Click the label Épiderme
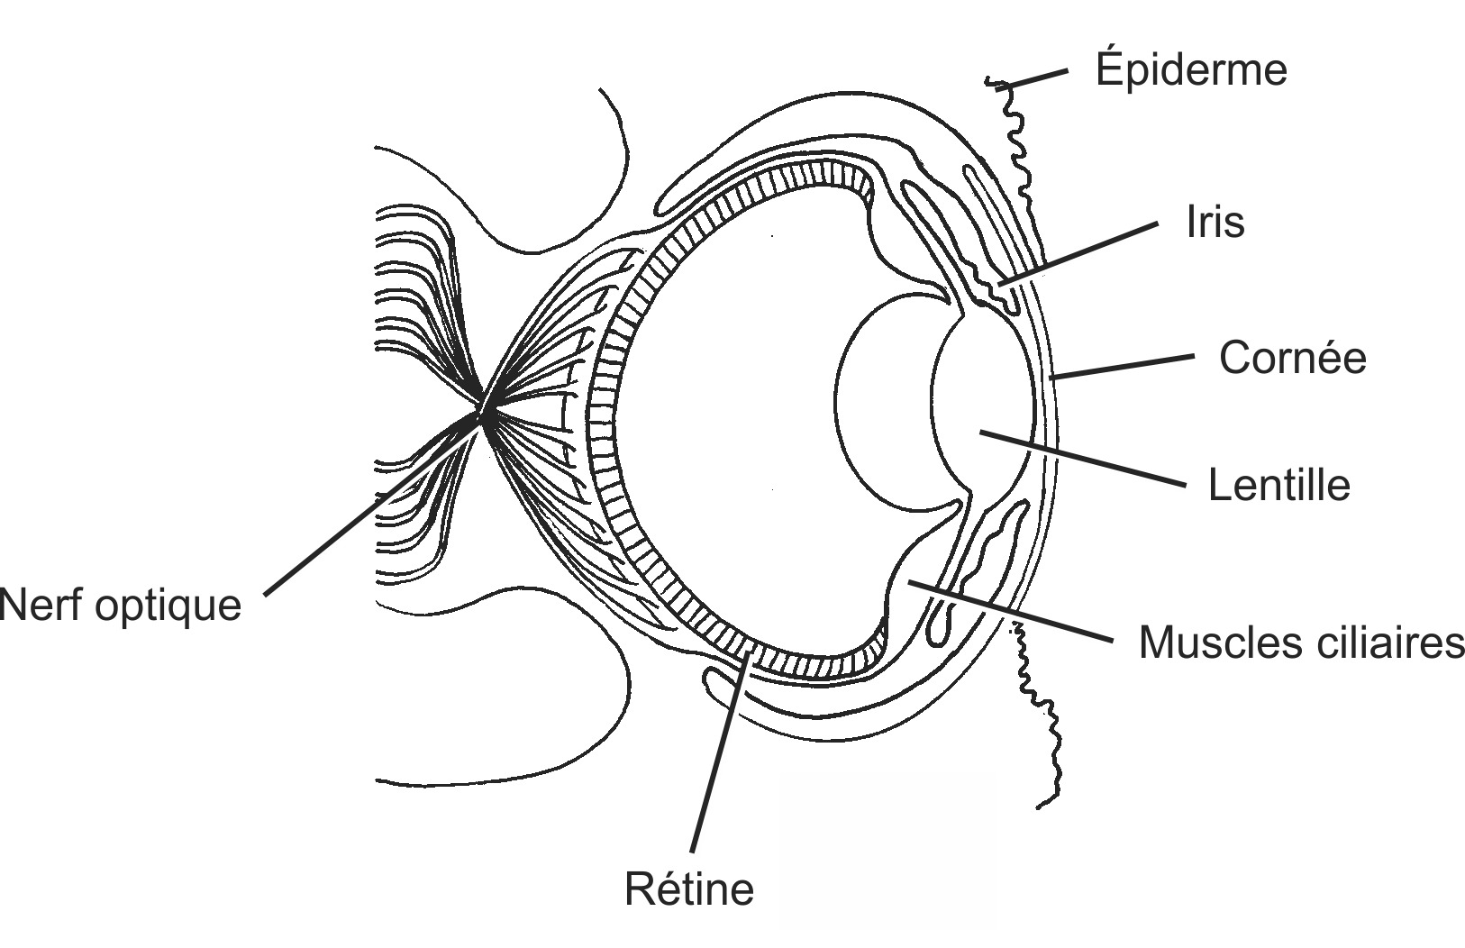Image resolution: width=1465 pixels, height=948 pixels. tap(1191, 70)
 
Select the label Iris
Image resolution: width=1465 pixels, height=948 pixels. tap(1215, 223)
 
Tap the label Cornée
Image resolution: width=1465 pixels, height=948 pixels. tap(1292, 358)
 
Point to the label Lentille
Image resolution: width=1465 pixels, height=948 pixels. tap(1278, 485)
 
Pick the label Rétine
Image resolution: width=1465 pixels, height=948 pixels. tap(689, 889)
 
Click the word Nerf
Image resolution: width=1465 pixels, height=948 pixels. tap(41, 605)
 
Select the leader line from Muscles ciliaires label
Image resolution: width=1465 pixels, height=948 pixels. tap(1009, 612)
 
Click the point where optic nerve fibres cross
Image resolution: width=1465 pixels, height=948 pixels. tap(483, 414)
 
